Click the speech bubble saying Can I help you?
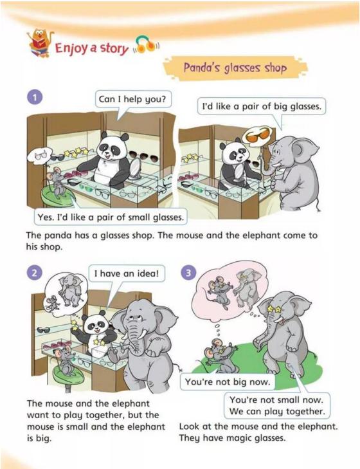coord(133,99)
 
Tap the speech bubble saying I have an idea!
coord(127,273)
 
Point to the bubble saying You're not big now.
coord(227,382)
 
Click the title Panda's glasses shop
coord(235,68)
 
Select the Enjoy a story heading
coord(91,48)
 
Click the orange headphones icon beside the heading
coord(145,45)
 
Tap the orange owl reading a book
coord(40,42)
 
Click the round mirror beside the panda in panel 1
coord(135,168)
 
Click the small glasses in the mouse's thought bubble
coord(41,156)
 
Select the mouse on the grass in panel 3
coord(220,355)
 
